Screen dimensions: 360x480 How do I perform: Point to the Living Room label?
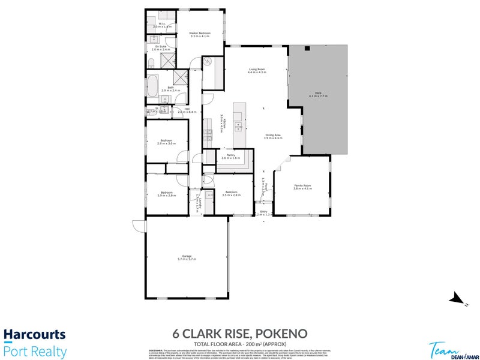point(257,70)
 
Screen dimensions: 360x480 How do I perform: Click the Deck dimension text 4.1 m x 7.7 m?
point(318,96)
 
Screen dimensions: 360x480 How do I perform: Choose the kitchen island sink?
point(238,126)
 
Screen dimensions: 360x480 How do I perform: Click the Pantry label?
point(230,154)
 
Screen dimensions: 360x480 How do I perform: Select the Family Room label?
point(302,185)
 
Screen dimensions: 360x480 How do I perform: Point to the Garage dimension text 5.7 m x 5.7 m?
point(187,259)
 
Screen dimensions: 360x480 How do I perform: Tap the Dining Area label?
point(274,135)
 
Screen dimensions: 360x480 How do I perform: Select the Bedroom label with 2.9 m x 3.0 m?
point(166,140)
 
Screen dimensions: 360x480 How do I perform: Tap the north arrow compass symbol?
point(458,298)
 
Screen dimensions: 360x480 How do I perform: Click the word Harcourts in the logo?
point(34,335)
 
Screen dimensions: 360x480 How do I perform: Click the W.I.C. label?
point(162,24)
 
